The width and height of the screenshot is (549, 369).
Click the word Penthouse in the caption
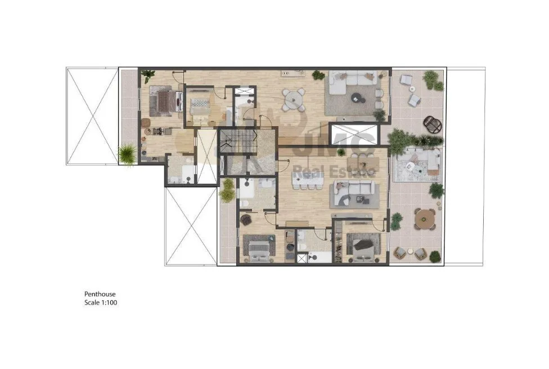click(100, 294)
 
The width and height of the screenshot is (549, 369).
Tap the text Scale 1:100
click(101, 303)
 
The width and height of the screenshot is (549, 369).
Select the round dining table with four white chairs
click(294, 100)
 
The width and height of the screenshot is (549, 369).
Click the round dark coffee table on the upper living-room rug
click(358, 98)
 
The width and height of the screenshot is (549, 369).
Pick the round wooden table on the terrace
click(424, 219)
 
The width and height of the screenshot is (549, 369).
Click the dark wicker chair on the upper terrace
click(433, 125)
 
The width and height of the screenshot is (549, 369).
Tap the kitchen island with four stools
click(308, 180)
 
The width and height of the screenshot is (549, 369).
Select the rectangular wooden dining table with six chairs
click(363, 163)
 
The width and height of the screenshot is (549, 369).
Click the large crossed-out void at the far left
click(92, 116)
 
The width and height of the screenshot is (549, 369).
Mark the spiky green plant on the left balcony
click(127, 154)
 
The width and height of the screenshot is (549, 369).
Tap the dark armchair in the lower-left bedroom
click(246, 220)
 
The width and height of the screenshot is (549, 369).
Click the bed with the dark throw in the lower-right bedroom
click(363, 247)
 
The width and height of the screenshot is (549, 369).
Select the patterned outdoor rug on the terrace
click(417, 165)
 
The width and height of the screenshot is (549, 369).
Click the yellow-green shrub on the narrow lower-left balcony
click(228, 190)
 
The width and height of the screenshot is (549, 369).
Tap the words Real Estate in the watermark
click(334, 172)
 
